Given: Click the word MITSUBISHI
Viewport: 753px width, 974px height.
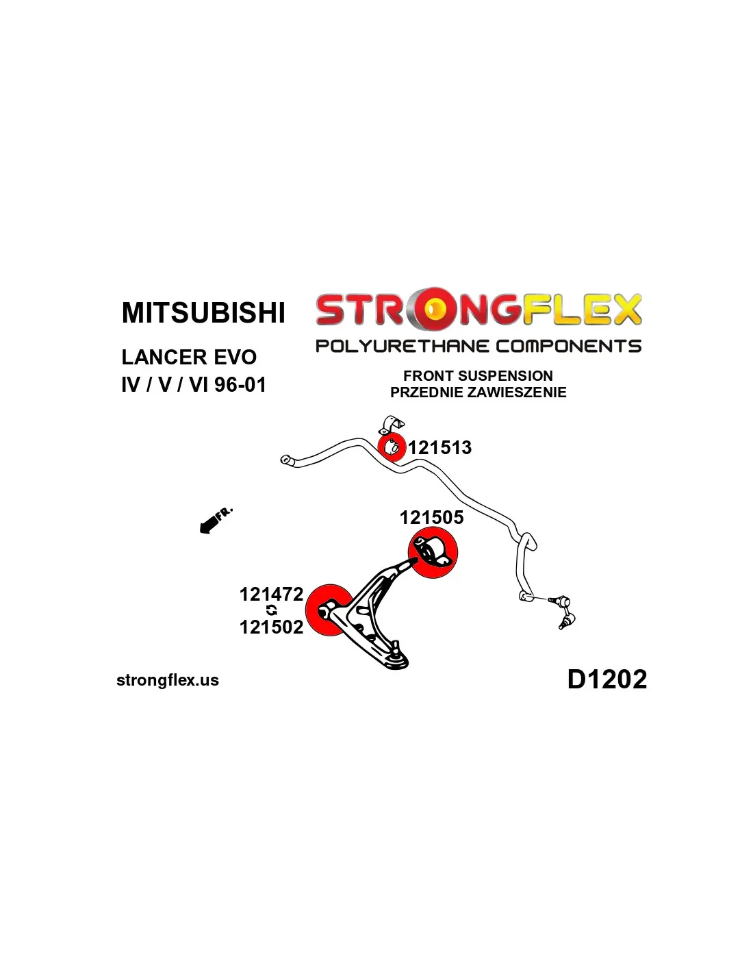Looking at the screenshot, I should pyautogui.click(x=203, y=313).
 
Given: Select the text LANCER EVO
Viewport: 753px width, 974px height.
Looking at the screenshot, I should pyautogui.click(x=189, y=357).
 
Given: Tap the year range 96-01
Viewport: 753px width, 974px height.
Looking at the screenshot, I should pyautogui.click(x=240, y=385).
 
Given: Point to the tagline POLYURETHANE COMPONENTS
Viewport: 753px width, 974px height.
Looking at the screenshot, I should pyautogui.click(x=478, y=346).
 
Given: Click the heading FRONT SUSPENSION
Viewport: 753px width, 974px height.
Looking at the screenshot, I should pyautogui.click(x=478, y=375).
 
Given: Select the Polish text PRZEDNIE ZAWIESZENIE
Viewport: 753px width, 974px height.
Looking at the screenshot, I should pyautogui.click(x=478, y=392).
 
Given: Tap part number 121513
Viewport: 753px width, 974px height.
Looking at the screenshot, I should pyautogui.click(x=440, y=448).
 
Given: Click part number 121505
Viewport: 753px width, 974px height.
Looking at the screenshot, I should pyautogui.click(x=431, y=518).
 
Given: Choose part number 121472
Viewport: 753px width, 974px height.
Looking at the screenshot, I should pyautogui.click(x=271, y=594).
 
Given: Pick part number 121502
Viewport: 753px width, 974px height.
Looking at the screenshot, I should pyautogui.click(x=271, y=627).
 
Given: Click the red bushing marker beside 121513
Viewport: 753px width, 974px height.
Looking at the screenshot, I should pyautogui.click(x=392, y=447).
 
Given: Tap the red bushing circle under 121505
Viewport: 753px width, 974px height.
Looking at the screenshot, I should pyautogui.click(x=433, y=553).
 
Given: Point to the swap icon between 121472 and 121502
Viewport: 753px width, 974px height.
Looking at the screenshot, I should pyautogui.click(x=272, y=610).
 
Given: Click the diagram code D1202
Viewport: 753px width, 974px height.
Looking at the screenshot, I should pyautogui.click(x=607, y=679).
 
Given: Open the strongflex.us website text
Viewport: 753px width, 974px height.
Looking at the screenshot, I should pyautogui.click(x=168, y=680).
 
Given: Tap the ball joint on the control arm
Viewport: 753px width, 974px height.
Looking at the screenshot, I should pyautogui.click(x=396, y=647).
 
